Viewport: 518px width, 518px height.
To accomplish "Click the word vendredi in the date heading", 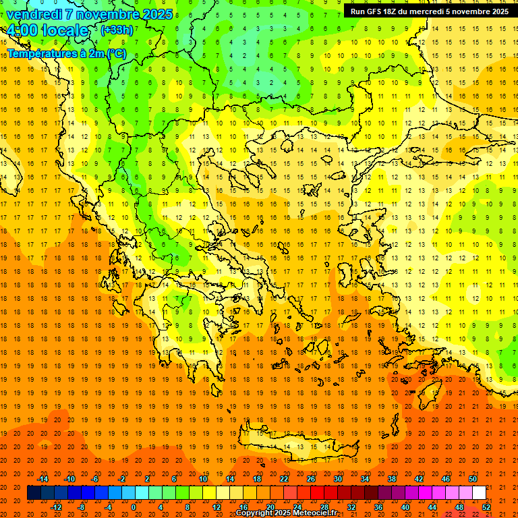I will [x=34, y=13].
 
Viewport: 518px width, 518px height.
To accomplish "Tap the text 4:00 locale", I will [x=47, y=31].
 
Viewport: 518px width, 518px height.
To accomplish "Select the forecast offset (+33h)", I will [x=117, y=30].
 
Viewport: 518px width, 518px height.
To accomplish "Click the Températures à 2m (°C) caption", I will [x=66, y=53].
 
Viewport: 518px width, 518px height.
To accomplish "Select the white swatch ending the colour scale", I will [x=479, y=492].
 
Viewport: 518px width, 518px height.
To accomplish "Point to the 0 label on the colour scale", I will [x=134, y=507].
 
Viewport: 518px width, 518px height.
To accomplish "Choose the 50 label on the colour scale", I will [x=473, y=478].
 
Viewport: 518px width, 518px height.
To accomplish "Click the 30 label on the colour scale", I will [x=337, y=478].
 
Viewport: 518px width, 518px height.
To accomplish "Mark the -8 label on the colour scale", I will [x=82, y=507].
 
